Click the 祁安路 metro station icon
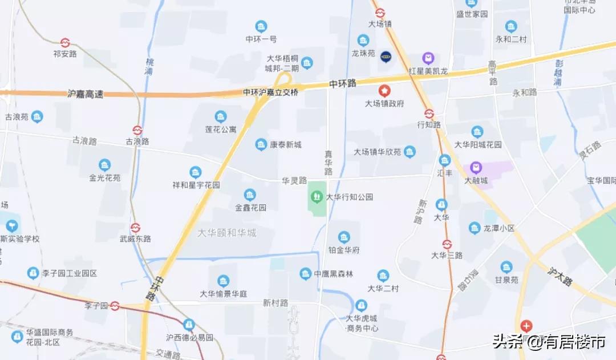65,43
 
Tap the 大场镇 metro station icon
380,13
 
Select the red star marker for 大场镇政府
385,91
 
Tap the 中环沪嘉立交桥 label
270,92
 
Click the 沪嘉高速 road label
86,94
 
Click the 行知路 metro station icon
429,114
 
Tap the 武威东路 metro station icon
135,228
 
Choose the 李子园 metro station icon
115,306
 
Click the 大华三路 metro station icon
447,244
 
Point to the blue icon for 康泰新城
261,144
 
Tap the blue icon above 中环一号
261,27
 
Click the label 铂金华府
344,250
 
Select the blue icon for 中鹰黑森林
306,274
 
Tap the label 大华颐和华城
227,233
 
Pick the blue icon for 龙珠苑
363,41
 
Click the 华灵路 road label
294,180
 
